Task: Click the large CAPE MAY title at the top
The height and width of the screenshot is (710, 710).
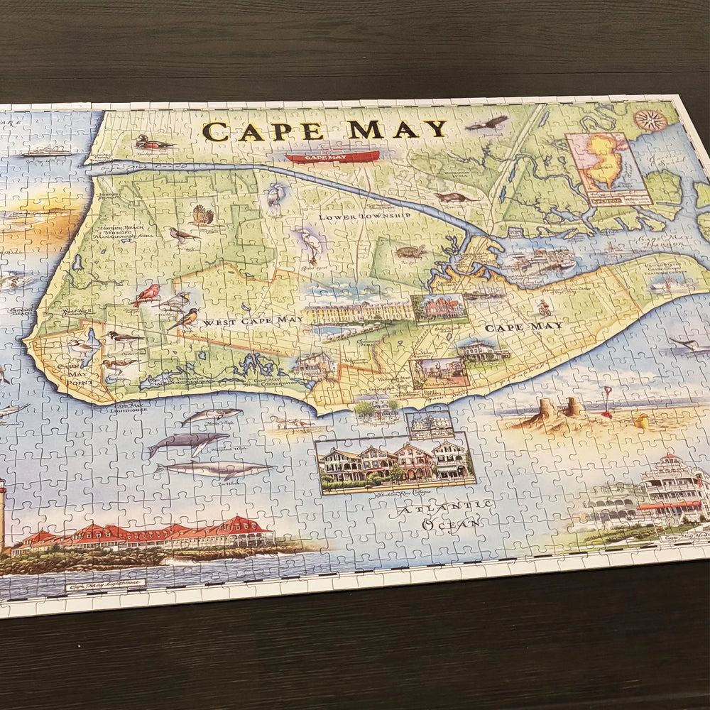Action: tap(325, 130)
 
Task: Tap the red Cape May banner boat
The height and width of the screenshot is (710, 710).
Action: tap(332, 156)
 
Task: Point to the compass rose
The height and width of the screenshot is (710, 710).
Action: tap(650, 120)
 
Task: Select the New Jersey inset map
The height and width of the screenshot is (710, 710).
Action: tap(608, 168)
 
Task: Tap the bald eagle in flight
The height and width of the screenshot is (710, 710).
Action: tap(488, 124)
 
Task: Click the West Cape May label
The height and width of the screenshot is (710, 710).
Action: tap(252, 322)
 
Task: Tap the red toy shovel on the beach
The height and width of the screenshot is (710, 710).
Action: tap(607, 402)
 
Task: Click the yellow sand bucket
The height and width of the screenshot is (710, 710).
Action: tap(641, 422)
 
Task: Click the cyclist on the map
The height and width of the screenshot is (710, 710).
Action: tap(543, 307)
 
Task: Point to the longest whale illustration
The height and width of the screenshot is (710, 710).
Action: tap(215, 469)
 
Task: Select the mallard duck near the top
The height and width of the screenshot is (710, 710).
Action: tap(153, 143)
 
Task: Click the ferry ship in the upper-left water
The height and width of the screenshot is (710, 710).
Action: tap(46, 151)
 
